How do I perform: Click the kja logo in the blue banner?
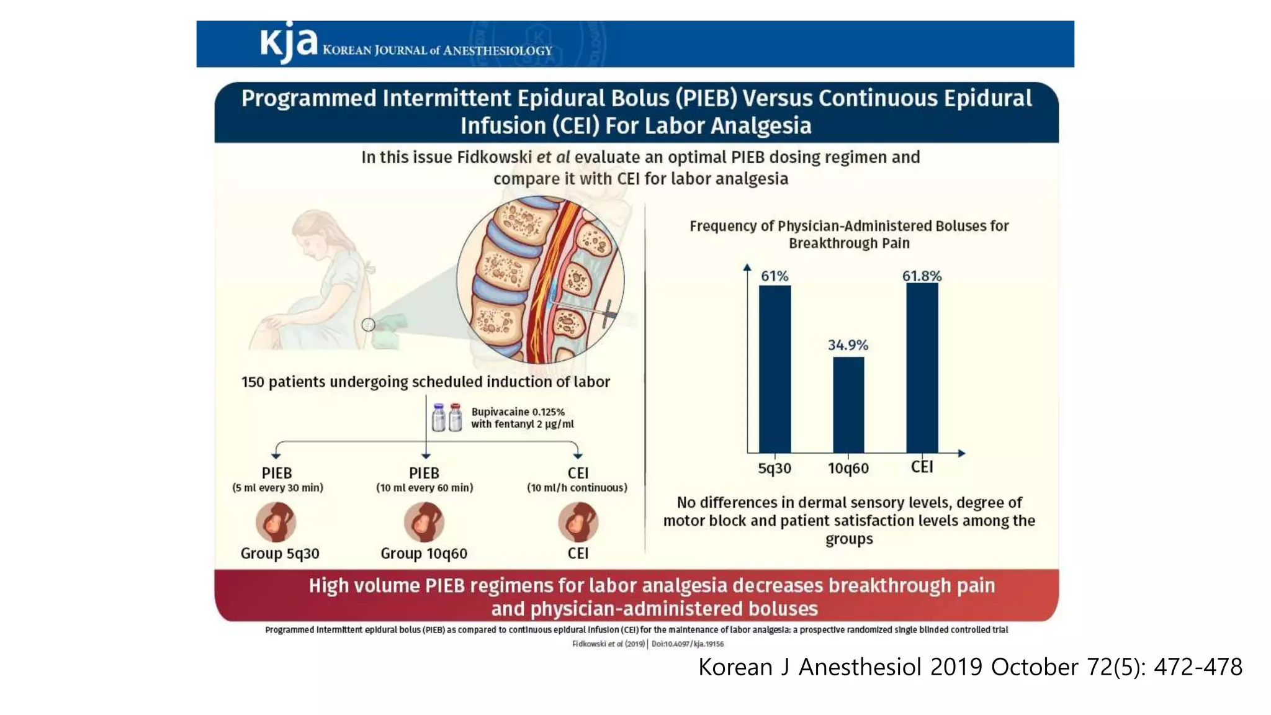click(x=288, y=42)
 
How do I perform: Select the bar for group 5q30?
click(x=775, y=369)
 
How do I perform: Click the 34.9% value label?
click(x=848, y=345)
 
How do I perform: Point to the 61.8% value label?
click(x=922, y=276)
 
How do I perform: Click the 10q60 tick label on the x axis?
click(x=848, y=469)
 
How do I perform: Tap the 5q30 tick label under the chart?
click(x=775, y=469)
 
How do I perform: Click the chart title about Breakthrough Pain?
click(x=849, y=235)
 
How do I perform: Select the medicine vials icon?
click(x=447, y=418)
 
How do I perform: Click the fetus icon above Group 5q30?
click(x=276, y=522)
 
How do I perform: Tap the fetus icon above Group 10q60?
click(x=424, y=522)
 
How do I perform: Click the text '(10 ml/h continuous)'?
click(x=577, y=488)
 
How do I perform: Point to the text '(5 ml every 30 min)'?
click(x=277, y=488)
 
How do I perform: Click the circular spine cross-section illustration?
click(x=540, y=279)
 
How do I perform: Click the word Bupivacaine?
click(x=500, y=411)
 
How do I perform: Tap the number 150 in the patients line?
click(x=253, y=382)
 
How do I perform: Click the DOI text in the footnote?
click(x=688, y=644)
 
